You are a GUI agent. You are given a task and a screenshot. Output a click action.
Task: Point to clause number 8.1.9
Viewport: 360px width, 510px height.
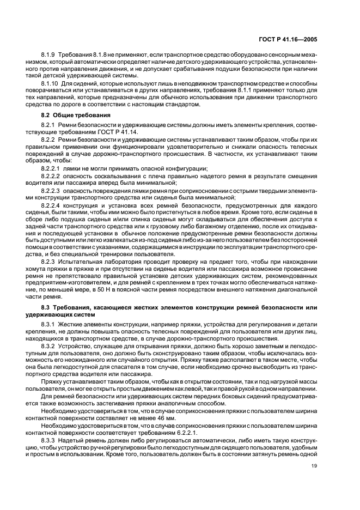(50, 56)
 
